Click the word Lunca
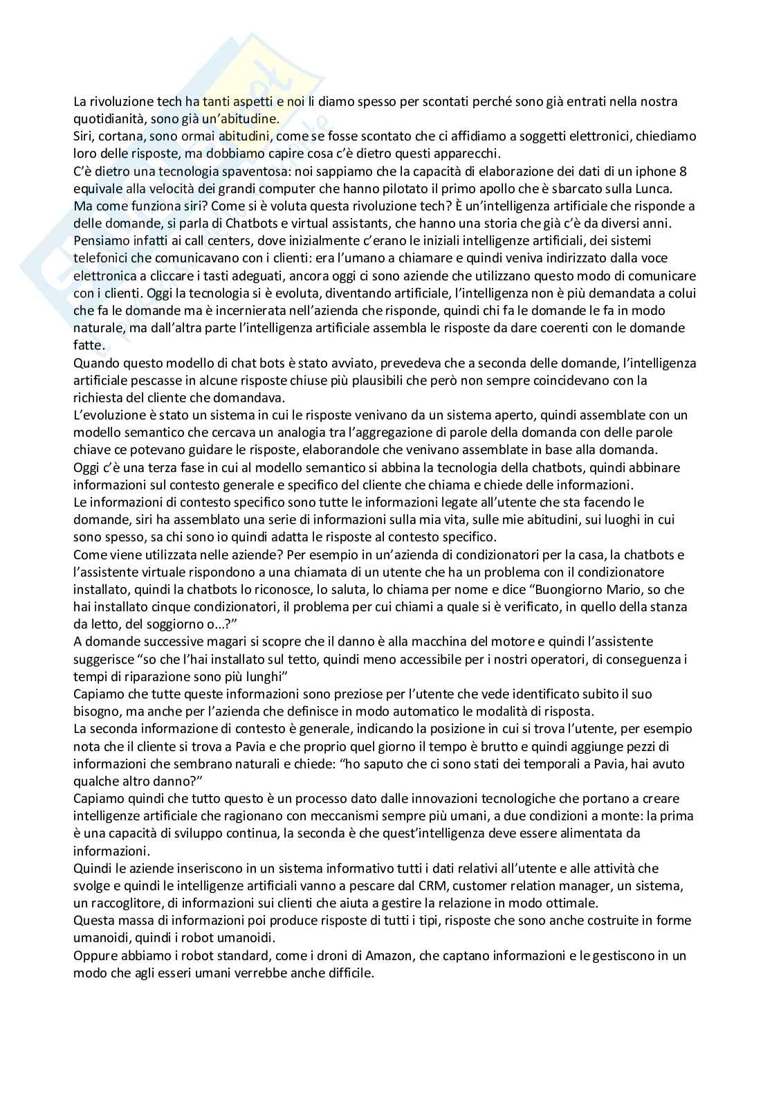[676, 188]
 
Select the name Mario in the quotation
[627, 589]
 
